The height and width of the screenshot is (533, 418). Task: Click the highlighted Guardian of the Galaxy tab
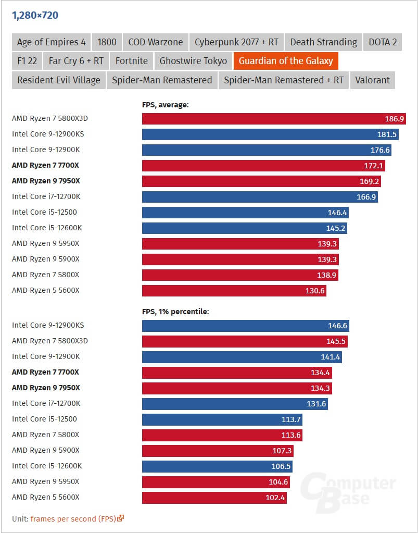point(286,61)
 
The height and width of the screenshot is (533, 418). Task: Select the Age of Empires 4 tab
point(51,42)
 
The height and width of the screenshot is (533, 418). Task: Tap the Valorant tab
point(372,80)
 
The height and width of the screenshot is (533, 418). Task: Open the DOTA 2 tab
point(383,42)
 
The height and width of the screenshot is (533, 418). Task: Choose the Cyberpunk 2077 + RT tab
point(236,42)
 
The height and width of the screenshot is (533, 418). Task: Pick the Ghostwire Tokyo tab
point(193,61)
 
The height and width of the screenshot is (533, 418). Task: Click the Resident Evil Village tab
point(59,80)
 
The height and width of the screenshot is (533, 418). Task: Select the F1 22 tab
point(27,61)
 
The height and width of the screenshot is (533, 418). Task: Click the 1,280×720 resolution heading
point(35,15)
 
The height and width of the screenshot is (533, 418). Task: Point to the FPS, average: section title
point(165,105)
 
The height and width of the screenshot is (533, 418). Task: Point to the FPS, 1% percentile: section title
point(175,312)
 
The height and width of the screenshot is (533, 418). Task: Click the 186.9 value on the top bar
point(394,119)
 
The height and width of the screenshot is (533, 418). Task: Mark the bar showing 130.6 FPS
point(234,291)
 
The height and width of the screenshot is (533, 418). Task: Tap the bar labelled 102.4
point(214,498)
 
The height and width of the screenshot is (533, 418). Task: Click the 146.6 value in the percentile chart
point(338,326)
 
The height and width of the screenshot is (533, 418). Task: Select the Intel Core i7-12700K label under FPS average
point(46,196)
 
